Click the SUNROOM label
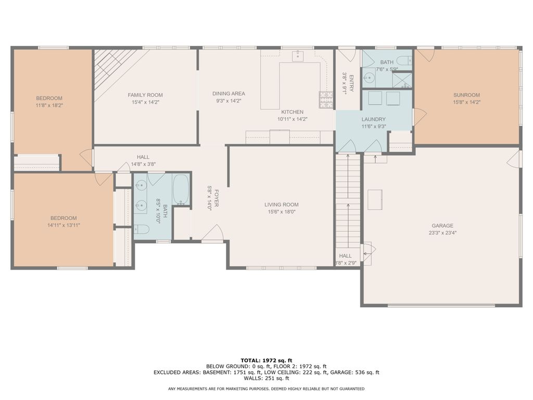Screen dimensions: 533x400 click(x=466, y=95)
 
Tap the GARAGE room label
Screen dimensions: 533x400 click(x=442, y=226)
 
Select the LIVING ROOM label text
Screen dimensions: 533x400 click(x=282, y=204)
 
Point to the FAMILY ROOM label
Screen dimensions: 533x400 click(x=145, y=95)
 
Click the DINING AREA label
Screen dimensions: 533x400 click(x=229, y=94)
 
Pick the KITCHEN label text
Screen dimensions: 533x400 click(x=293, y=112)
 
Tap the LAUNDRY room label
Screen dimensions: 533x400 click(x=374, y=119)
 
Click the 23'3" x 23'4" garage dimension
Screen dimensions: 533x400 click(x=442, y=233)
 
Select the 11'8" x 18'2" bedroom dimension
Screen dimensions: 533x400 click(x=49, y=105)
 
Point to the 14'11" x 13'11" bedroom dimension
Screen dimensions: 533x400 click(x=64, y=225)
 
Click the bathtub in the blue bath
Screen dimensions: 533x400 click(x=181, y=189)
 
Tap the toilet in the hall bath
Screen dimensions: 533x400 click(x=142, y=230)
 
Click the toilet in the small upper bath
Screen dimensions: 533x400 click(x=405, y=60)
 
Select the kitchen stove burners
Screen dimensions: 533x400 click(x=326, y=99)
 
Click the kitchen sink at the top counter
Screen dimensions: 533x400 click(x=298, y=56)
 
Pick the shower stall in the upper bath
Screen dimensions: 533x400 click(x=402, y=81)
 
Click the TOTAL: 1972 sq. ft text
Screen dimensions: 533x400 click(x=266, y=360)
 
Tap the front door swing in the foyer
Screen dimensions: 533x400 click(x=213, y=233)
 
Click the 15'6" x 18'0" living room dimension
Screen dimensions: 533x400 click(x=282, y=212)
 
